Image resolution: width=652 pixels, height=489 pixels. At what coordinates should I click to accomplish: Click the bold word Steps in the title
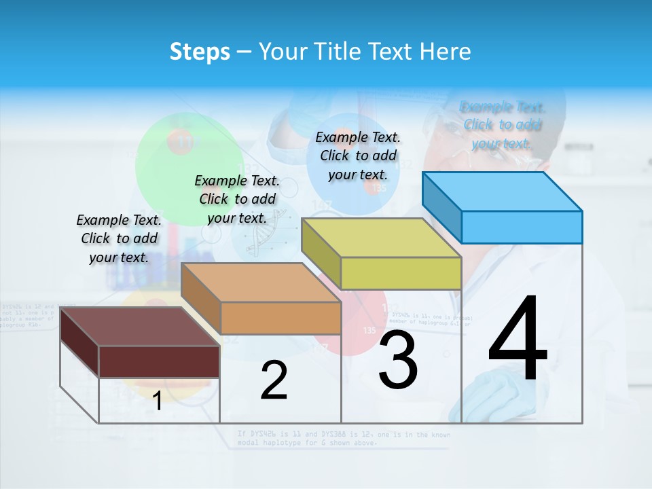click(x=200, y=52)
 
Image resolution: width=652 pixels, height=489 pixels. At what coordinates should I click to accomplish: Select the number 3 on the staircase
click(x=398, y=360)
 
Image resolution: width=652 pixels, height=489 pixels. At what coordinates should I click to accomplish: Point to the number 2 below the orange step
click(x=274, y=380)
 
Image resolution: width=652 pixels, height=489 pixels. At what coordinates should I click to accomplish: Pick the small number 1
click(x=158, y=401)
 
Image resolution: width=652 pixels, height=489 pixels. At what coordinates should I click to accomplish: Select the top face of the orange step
click(x=261, y=283)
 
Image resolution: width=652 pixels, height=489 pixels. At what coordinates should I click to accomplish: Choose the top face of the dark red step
click(x=140, y=327)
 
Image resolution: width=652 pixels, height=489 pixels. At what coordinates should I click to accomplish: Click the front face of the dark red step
click(x=159, y=361)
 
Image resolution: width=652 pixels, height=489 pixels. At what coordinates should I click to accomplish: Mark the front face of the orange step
click(x=280, y=318)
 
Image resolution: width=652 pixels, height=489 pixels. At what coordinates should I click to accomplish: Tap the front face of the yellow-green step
click(x=401, y=274)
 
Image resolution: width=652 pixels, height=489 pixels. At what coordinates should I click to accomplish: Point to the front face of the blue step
click(x=522, y=227)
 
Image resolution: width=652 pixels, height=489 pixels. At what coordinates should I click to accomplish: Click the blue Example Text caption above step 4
click(x=503, y=125)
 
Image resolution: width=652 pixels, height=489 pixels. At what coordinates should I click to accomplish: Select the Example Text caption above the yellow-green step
click(x=358, y=156)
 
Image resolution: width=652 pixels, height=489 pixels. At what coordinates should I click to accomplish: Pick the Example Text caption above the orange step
click(x=237, y=199)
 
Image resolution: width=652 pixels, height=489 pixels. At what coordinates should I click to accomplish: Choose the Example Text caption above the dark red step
click(x=119, y=238)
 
